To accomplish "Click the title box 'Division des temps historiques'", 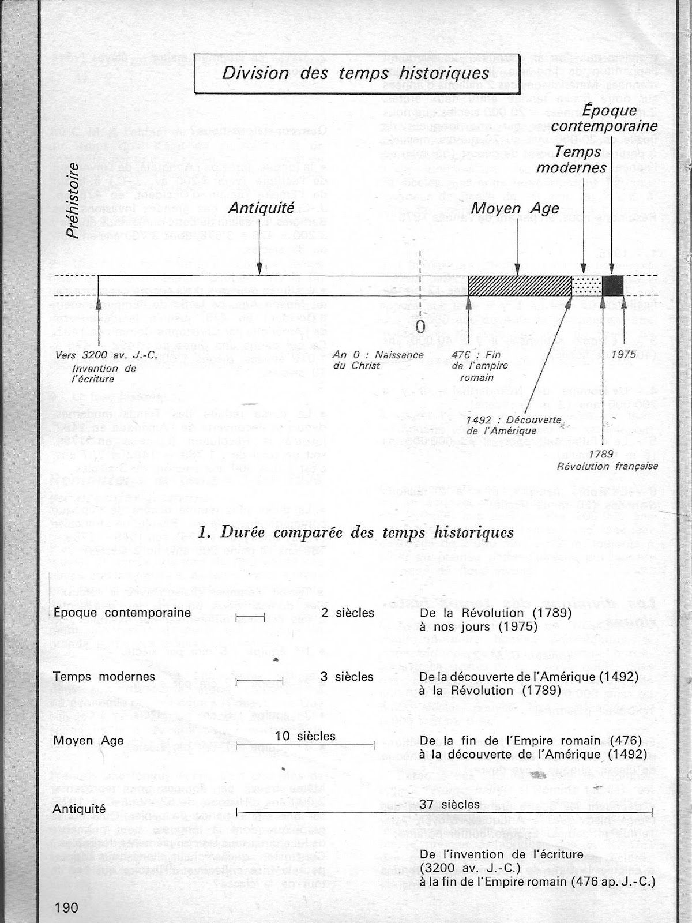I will pyautogui.click(x=356, y=74).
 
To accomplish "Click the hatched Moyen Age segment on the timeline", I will pyautogui.click(x=519, y=286).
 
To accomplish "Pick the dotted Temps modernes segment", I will pyautogui.click(x=586, y=286).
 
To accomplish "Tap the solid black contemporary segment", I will pyautogui.click(x=612, y=286).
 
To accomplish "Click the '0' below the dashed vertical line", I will pyautogui.click(x=420, y=326).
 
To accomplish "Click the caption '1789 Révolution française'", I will pyautogui.click(x=607, y=460).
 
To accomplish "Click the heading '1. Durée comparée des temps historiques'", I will pyautogui.click(x=355, y=532).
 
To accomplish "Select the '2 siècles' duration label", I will pyautogui.click(x=347, y=612).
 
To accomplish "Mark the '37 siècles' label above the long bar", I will pyautogui.click(x=450, y=804).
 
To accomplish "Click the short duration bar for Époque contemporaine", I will pyautogui.click(x=250, y=617).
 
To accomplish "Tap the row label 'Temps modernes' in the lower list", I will pyautogui.click(x=104, y=676).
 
